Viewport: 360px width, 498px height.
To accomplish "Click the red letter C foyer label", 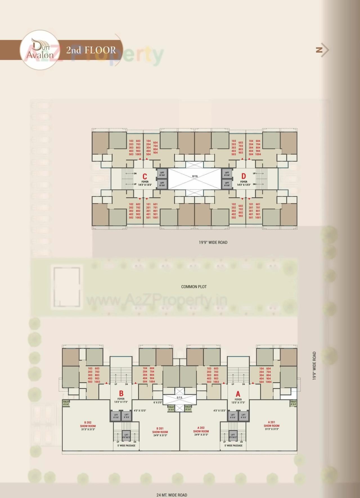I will (145, 176).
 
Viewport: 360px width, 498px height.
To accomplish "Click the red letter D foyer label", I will (244, 176).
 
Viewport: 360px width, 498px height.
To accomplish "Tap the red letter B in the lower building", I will (121, 393).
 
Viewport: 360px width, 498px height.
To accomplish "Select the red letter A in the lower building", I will (238, 394).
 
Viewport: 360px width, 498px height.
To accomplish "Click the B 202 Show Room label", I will (88, 426).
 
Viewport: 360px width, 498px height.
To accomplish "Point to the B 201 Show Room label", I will (160, 432).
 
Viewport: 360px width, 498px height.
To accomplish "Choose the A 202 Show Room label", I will (201, 431).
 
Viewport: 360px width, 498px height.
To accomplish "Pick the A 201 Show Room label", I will (271, 425).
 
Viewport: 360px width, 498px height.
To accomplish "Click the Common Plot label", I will (194, 287).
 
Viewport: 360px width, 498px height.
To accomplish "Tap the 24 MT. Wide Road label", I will (172, 495).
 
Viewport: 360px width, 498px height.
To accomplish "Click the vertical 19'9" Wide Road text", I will (314, 366).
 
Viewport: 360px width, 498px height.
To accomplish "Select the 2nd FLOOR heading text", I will (91, 50).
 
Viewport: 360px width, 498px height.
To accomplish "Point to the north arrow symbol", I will (322, 50).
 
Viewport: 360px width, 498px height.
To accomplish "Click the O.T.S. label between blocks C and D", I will (195, 176).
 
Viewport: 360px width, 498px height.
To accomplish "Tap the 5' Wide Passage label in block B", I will (126, 445).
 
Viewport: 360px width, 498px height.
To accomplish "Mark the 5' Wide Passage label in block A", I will (233, 445).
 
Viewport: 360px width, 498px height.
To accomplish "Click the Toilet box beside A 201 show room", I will (293, 403).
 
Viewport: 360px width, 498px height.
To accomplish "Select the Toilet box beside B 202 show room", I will (66, 403).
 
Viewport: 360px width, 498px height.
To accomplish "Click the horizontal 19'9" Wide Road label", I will (213, 242).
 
